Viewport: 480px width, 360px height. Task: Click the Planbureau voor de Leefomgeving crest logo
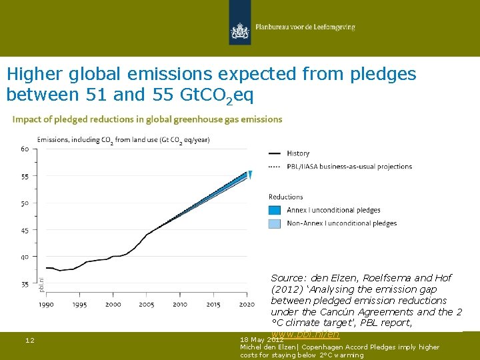239,30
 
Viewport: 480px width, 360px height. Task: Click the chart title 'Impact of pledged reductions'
147,119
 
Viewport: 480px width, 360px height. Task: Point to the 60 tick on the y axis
24,149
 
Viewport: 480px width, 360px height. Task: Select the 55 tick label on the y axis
24,177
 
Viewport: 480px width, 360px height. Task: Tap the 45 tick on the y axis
24,230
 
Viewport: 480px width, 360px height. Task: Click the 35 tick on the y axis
24,284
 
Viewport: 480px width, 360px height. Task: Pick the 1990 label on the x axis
46,304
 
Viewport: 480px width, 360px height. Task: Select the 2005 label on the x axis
147,304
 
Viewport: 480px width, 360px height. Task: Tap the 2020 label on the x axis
246,304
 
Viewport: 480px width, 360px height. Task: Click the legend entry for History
298,153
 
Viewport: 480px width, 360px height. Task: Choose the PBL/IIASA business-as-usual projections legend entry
349,167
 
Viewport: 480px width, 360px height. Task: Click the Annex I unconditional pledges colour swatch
275,210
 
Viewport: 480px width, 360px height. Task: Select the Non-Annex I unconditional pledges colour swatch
275,223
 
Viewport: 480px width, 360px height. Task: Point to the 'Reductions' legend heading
285,197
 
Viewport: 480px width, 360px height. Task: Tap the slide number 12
30,341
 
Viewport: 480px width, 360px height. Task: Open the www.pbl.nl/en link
305,333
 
